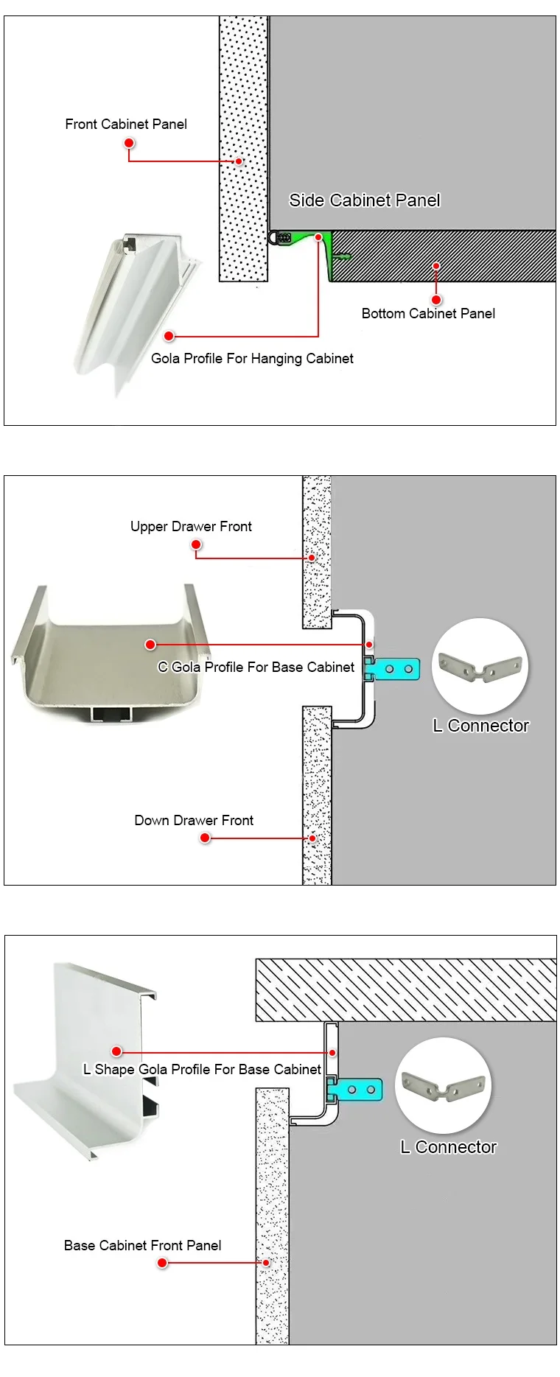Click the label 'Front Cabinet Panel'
point(126,124)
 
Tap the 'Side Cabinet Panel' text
point(364,200)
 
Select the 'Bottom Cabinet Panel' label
point(428,313)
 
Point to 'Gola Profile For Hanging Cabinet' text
point(252,359)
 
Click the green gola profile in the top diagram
point(325,250)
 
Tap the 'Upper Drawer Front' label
point(191,526)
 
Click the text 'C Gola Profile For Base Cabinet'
point(256,667)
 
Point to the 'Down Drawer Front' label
point(194,820)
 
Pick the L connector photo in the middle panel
point(480,666)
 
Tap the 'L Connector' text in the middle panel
point(480,726)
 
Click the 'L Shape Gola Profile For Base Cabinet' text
point(202,1069)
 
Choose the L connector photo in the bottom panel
point(443,1085)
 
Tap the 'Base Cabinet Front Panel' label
point(142,1245)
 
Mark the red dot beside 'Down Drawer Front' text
point(205,838)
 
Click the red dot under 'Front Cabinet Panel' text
point(129,143)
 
